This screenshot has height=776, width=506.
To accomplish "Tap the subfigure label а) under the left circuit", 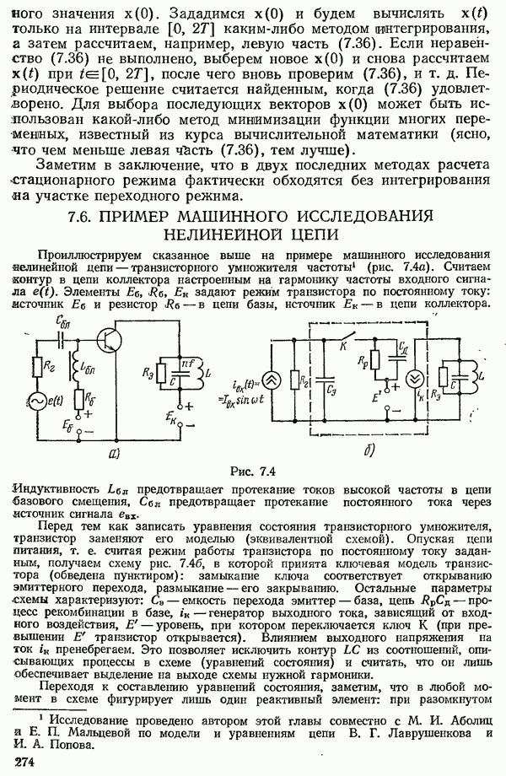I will point(116,453).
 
